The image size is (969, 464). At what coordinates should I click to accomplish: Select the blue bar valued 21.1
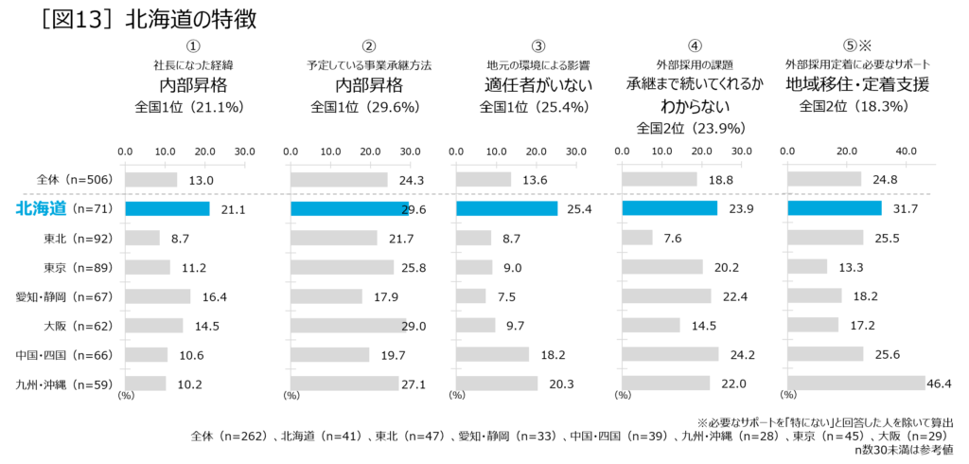pos(167,208)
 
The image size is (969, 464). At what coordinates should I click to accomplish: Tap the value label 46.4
pos(940,384)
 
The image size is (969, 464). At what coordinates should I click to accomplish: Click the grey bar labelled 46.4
pos(854,384)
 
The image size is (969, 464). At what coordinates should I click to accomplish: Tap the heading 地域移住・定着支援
pos(857,84)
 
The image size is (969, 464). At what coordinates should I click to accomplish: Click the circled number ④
pos(694,45)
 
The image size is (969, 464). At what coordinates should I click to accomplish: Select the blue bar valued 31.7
pos(834,208)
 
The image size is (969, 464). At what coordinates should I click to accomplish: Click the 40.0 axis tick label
pos(907,151)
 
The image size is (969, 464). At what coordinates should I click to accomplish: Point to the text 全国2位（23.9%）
pos(693,128)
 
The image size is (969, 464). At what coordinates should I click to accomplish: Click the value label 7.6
pos(673,238)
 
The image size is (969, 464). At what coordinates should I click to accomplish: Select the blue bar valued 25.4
pos(506,208)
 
